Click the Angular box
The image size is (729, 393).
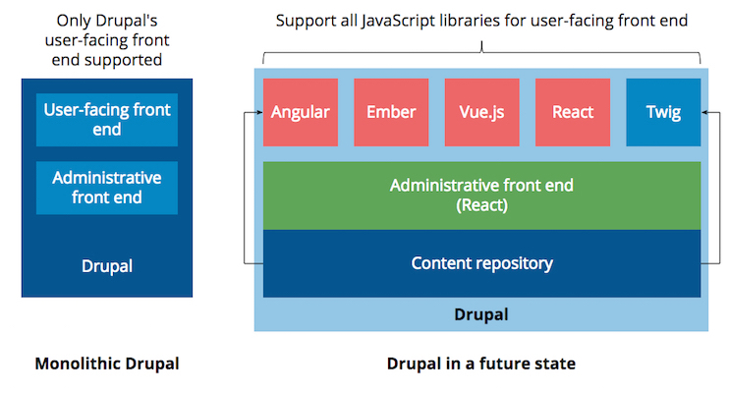[300, 112]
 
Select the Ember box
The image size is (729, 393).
[391, 112]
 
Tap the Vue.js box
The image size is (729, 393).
[481, 112]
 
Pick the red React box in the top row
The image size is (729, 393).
[573, 112]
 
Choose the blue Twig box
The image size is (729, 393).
[663, 112]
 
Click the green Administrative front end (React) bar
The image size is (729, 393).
[481, 195]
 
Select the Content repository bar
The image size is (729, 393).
[481, 263]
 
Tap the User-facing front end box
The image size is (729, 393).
[107, 119]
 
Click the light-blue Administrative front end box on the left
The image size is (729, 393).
[107, 188]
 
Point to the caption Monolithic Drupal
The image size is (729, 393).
[107, 364]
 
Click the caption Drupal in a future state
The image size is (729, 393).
[481, 364]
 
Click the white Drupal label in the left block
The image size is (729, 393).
[107, 265]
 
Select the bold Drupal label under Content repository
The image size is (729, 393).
[481, 315]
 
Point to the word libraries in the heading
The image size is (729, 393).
[501, 20]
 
